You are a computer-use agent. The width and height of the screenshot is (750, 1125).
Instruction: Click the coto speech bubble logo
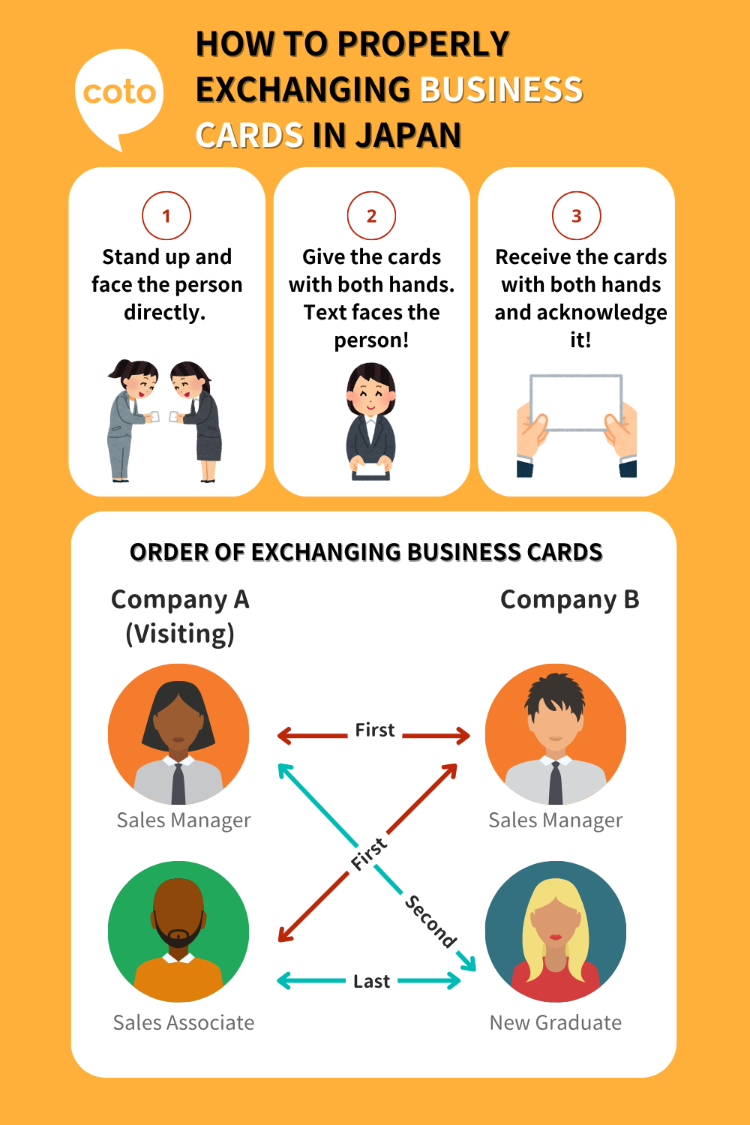click(x=119, y=95)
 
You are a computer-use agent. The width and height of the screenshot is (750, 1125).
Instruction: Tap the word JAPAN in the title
click(x=408, y=136)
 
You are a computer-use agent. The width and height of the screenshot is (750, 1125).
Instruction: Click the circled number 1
click(x=166, y=216)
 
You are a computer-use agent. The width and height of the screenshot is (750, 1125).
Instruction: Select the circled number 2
click(x=371, y=216)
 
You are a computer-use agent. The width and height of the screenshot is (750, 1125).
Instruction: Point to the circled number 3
click(x=576, y=216)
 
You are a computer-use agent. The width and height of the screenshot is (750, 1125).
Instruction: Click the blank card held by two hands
click(x=576, y=402)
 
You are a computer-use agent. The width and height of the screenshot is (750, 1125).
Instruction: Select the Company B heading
click(x=569, y=599)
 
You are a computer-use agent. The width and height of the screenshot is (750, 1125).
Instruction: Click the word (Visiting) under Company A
click(x=180, y=634)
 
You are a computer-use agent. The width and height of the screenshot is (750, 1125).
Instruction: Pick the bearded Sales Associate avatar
click(x=178, y=931)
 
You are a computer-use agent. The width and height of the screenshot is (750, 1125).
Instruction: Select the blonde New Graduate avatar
click(x=555, y=931)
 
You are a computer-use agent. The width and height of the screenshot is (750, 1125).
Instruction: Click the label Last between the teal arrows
click(x=371, y=981)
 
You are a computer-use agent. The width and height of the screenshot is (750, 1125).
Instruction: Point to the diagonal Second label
click(x=430, y=921)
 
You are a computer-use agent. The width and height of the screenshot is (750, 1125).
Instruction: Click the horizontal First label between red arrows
click(x=374, y=730)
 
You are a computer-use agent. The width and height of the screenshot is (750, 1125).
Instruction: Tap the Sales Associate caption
click(x=184, y=1022)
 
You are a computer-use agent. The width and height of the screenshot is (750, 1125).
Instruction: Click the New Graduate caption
click(x=555, y=1022)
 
